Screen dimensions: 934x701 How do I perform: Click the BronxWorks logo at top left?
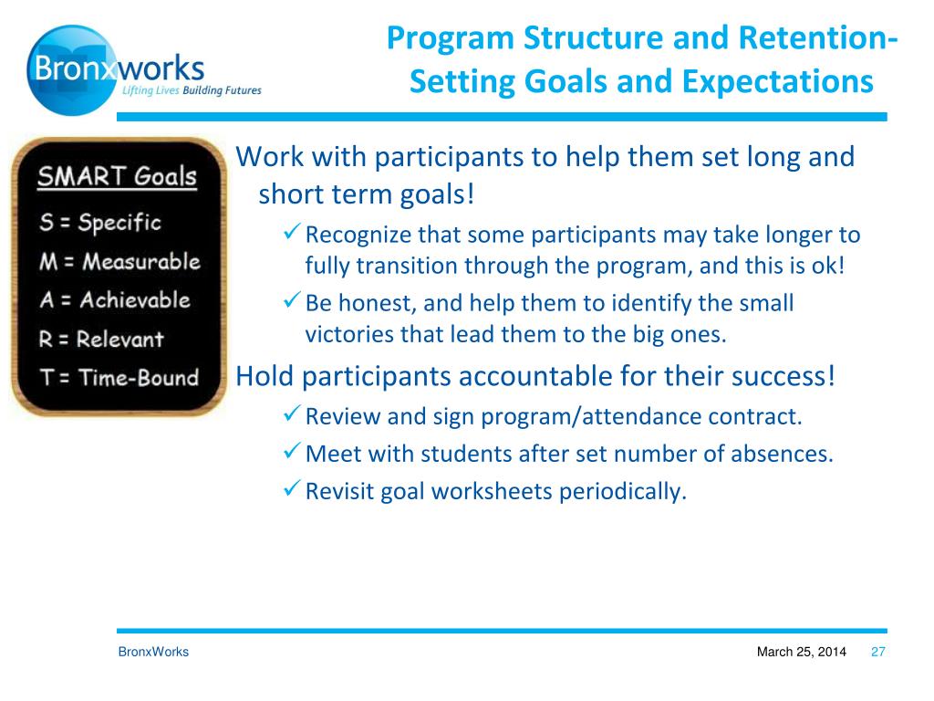tap(144, 69)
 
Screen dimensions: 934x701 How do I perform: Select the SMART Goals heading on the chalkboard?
tap(117, 176)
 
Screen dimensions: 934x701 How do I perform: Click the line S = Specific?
tap(100, 223)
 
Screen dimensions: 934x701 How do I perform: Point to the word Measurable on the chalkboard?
tap(141, 262)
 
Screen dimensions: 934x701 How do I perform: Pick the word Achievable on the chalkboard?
tap(135, 299)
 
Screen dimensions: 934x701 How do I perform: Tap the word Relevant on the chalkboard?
tap(119, 340)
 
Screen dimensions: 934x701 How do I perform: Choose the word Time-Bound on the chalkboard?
tap(139, 377)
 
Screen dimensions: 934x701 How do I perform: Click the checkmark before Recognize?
tap(291, 232)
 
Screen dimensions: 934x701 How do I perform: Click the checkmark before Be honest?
tap(291, 299)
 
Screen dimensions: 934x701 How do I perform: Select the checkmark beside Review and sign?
tap(291, 413)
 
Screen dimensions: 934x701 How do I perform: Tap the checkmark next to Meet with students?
tap(291, 451)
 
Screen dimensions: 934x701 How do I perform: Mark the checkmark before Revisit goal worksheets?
tap(291, 488)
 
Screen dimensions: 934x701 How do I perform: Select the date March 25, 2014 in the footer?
tap(801, 652)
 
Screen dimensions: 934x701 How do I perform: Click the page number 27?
tap(878, 652)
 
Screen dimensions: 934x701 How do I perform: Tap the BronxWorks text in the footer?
tap(153, 652)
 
